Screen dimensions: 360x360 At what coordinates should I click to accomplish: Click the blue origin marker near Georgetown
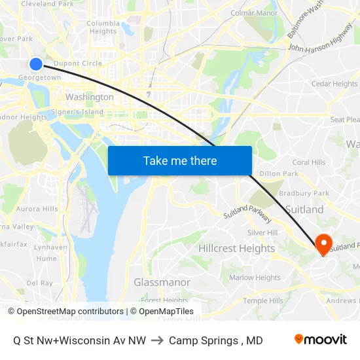36,63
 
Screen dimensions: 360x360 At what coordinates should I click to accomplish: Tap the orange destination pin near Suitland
323,244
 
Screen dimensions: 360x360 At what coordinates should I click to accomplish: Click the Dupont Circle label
77,63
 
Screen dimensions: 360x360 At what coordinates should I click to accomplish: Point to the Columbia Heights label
103,27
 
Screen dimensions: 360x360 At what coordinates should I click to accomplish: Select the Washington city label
90,97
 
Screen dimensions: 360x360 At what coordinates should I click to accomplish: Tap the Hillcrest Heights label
236,249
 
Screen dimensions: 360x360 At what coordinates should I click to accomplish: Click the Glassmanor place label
162,282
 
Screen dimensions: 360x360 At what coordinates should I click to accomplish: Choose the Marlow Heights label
255,278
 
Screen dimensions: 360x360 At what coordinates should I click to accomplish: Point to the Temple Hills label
263,300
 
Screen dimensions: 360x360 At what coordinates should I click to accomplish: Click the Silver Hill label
262,232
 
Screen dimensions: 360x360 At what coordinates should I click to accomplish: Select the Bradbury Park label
304,193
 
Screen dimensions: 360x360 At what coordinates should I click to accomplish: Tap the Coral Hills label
309,162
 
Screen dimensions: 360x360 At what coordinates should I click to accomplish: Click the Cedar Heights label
334,84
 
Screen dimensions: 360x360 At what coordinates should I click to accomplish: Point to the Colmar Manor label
254,12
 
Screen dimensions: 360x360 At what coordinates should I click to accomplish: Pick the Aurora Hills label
37,209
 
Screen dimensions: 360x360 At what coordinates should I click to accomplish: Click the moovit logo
321,340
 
